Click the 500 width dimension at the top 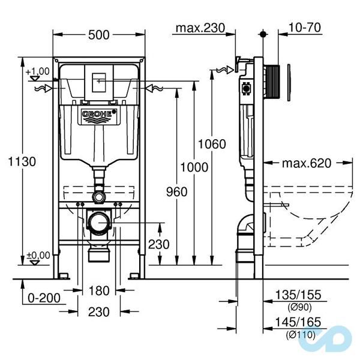coord(98,35)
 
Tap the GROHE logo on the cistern coord(98,113)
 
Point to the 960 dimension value coord(176,191)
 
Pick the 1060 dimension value coord(214,144)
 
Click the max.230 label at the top coord(200,28)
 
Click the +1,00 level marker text coord(38,71)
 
